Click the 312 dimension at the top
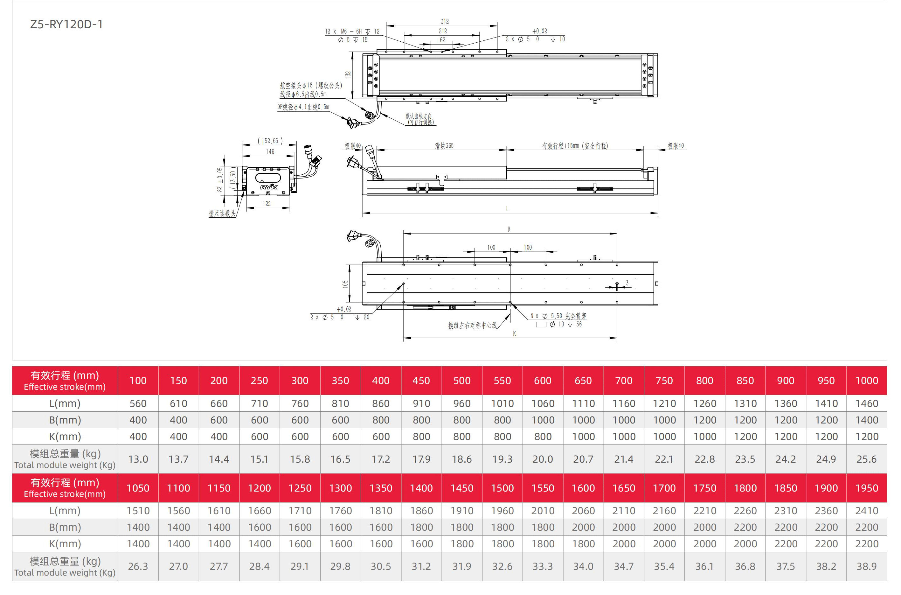[x=445, y=22]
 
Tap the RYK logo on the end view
[x=268, y=187]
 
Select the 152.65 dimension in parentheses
[x=270, y=141]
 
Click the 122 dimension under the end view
[x=267, y=204]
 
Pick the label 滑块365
[x=444, y=146]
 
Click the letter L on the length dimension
[x=507, y=209]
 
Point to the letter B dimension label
[x=509, y=229]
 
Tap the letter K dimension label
[x=515, y=333]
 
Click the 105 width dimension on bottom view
[x=345, y=284]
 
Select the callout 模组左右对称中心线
[x=473, y=325]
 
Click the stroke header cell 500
[x=462, y=381]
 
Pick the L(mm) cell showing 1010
[x=502, y=403]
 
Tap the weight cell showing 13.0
[x=138, y=459]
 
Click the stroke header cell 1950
[x=867, y=488]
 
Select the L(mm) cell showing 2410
[x=867, y=511]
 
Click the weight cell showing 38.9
[x=867, y=567]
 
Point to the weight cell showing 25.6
[x=867, y=459]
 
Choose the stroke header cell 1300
[x=341, y=488]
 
